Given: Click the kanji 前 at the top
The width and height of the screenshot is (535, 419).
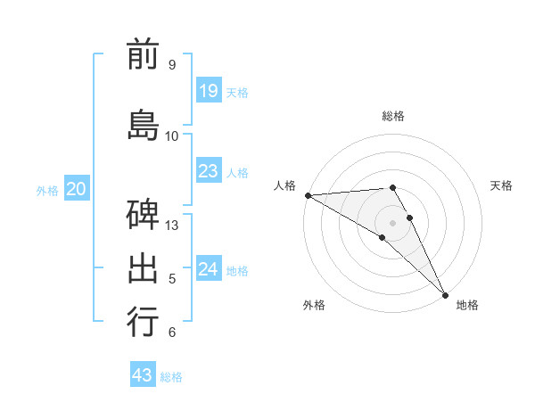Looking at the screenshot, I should click(143, 54).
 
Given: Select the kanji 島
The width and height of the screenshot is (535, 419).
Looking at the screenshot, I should click(143, 124).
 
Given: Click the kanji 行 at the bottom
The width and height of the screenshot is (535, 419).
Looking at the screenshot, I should click(143, 322).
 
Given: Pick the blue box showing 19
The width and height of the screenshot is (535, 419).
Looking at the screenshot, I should click(209, 91).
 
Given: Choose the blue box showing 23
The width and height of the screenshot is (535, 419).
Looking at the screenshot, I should click(209, 171).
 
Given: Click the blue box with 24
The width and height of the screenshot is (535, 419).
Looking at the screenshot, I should click(209, 269).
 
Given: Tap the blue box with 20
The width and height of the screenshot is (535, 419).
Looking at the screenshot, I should click(77, 189).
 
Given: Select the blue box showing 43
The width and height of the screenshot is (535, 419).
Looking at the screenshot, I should click(143, 375).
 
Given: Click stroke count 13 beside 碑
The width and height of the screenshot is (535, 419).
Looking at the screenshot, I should click(172, 225).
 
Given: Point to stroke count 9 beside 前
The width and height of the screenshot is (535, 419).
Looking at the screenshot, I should click(172, 65).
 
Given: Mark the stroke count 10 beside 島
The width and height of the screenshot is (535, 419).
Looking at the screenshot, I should click(172, 136).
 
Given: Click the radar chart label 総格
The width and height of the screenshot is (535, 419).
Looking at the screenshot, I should click(393, 116).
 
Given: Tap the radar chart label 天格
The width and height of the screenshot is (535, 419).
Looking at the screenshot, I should click(502, 185).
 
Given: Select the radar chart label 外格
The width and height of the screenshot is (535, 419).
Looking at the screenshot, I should click(314, 305).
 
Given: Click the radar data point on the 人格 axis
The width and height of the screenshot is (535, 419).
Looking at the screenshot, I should click(308, 194).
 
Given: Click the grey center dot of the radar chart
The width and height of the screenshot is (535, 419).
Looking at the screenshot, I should click(392, 222).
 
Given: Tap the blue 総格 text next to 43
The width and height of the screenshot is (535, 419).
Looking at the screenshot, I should click(172, 377).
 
